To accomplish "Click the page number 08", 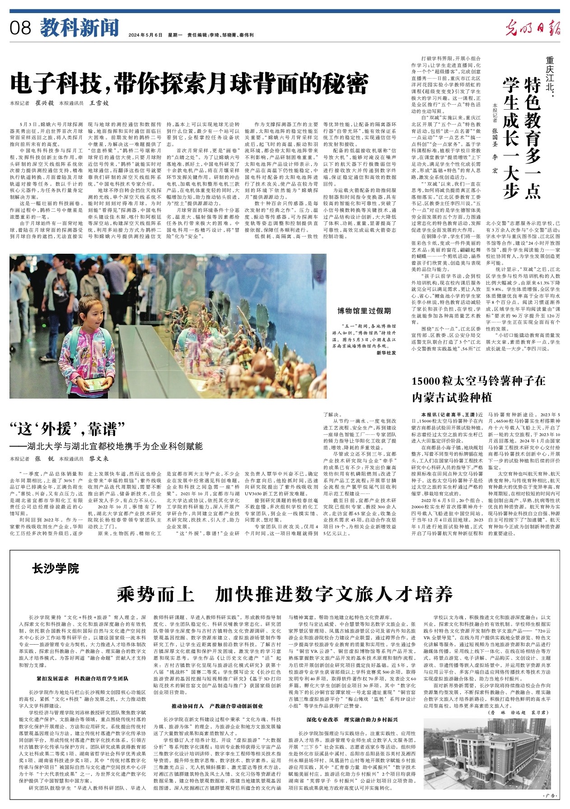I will [x=21, y=28].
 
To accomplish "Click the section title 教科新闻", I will [x=79, y=28].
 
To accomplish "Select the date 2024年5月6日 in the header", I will [x=145, y=35].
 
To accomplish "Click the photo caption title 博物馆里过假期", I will [x=364, y=311].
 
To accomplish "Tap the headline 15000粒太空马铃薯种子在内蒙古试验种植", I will [x=478, y=389].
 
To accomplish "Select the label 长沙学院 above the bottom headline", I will [x=56, y=568].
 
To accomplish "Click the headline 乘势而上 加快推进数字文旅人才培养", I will [x=285, y=594].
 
